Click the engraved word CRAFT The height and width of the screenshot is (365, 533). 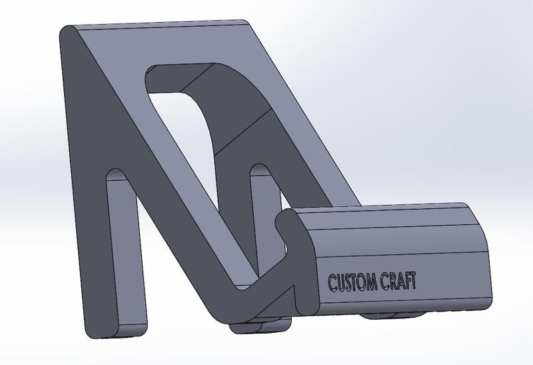(x=399, y=282)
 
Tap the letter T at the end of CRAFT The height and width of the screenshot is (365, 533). (x=414, y=282)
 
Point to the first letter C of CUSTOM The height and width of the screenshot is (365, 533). (x=331, y=282)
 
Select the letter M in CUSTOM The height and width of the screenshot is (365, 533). (x=370, y=282)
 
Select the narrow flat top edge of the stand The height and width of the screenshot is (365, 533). (x=160, y=25)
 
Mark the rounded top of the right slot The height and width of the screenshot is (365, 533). (x=261, y=172)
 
